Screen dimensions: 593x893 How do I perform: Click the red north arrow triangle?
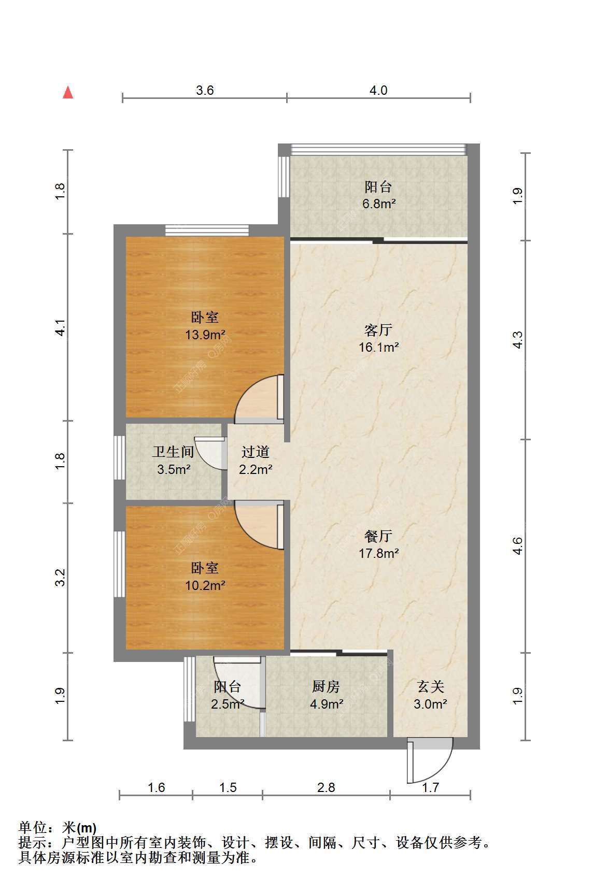point(67,92)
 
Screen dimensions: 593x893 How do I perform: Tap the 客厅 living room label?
point(378,330)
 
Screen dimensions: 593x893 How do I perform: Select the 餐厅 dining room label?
point(378,536)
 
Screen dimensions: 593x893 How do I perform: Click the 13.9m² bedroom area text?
point(205,335)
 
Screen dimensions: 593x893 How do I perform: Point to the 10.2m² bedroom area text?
point(205,585)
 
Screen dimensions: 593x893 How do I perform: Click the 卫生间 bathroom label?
point(173,452)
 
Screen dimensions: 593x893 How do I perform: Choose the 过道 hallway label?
point(256,452)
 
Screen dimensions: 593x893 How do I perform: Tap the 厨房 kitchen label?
point(326,687)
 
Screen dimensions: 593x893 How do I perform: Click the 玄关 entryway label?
point(431,687)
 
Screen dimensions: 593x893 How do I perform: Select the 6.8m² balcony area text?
point(379,204)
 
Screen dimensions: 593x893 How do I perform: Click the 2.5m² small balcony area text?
point(228,704)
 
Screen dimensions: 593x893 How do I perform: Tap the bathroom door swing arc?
point(213,453)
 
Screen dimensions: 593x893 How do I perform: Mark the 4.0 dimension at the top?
point(378,91)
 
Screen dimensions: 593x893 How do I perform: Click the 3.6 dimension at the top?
point(205,91)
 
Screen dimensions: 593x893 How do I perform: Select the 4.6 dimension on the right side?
point(517,546)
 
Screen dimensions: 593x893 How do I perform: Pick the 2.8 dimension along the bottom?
point(326,788)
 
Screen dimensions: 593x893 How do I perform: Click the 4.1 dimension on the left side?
point(61,328)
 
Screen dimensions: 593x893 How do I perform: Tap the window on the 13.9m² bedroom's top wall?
point(207,230)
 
